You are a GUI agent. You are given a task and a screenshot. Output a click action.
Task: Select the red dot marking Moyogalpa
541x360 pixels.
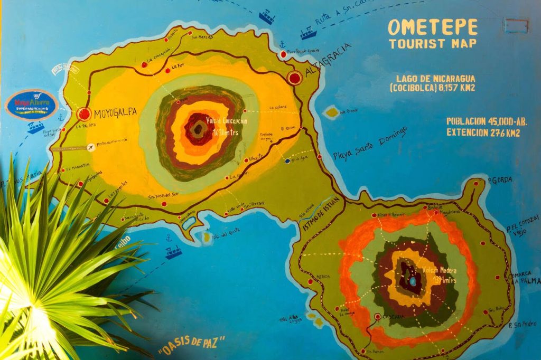(x=83, y=114)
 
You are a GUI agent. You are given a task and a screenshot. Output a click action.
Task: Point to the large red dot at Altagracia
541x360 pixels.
(x=295, y=78)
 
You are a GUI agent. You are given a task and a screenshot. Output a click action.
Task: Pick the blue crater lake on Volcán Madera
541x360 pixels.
(x=413, y=281)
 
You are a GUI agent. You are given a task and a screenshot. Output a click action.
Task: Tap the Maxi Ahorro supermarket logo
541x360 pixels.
(x=31, y=104)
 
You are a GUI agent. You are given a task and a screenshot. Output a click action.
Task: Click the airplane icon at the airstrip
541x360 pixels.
(x=92, y=147)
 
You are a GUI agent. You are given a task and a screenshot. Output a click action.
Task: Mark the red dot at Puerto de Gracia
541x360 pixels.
(x=284, y=54)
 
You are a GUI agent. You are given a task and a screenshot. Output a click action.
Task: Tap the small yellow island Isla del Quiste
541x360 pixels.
(x=207, y=238)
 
